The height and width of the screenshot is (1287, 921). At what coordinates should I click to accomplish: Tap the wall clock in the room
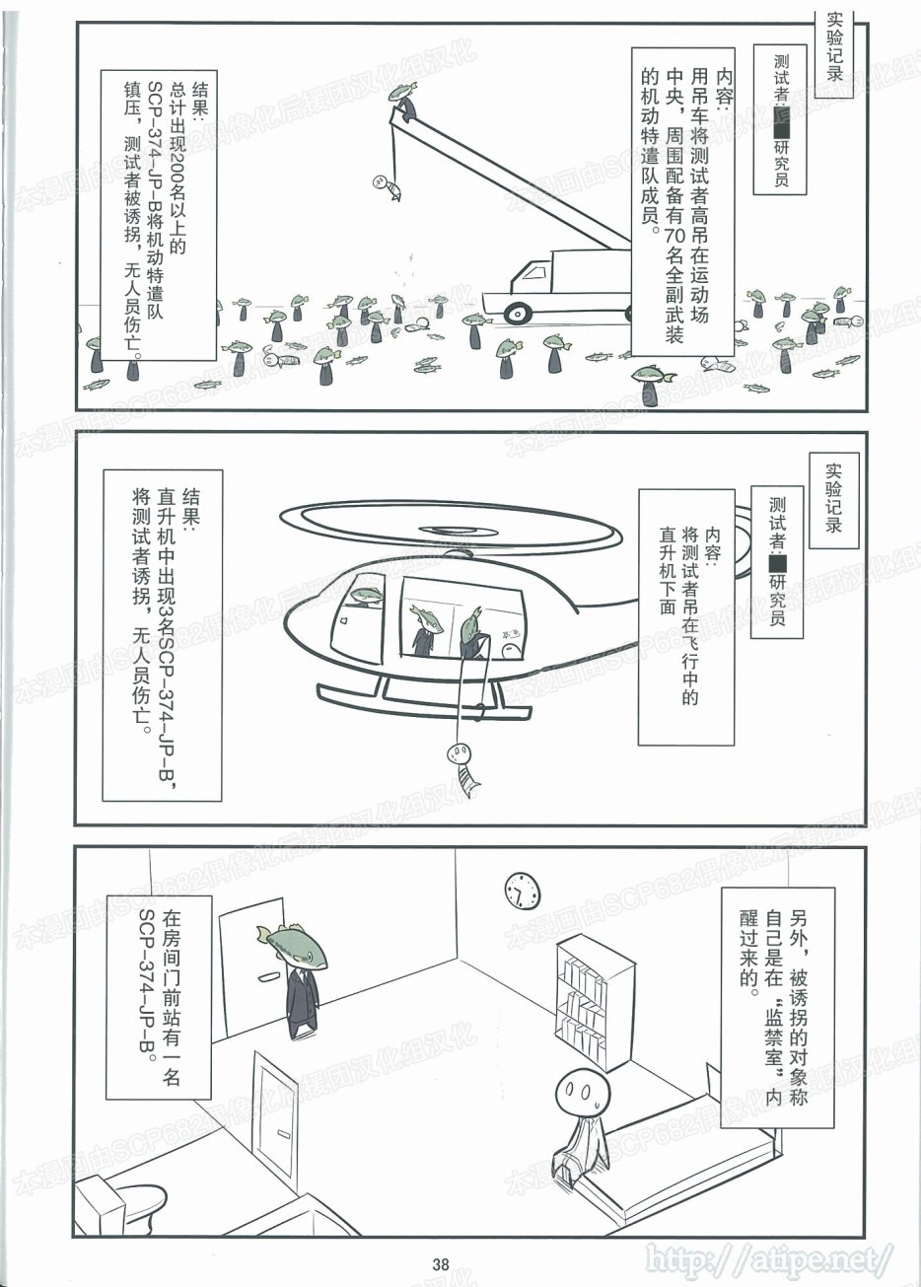click(x=523, y=891)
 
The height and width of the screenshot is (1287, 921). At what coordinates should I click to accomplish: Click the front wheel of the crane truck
click(x=517, y=313)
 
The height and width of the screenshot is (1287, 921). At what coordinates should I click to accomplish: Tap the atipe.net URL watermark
click(x=769, y=1257)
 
